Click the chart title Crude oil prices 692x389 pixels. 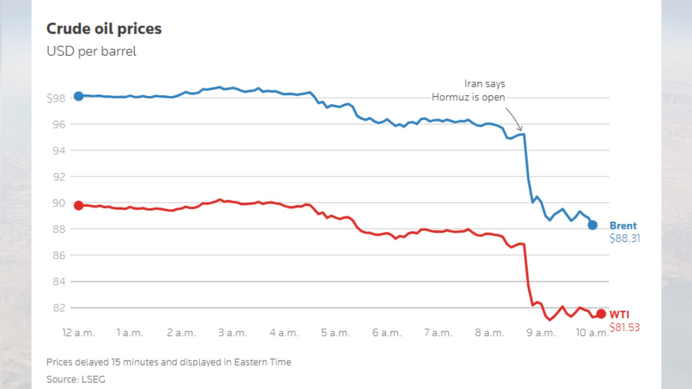tap(104, 29)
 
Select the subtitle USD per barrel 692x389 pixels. tap(91, 51)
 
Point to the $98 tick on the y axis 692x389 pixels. tap(56, 98)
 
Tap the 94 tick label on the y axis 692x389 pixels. tap(59, 151)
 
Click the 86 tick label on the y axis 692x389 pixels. tap(59, 255)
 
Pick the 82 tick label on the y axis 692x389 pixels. tap(59, 308)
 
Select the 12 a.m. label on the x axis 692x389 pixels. tap(78, 333)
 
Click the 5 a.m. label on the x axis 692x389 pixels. tap(335, 333)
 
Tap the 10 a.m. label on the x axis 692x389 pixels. tap(592, 333)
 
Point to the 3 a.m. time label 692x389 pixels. tap(232, 333)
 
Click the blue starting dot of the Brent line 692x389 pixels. tap(79, 96)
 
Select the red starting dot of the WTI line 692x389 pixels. tap(79, 206)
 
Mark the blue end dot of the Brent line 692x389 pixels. tap(593, 225)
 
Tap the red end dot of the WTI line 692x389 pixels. tap(601, 314)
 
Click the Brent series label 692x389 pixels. tap(623, 226)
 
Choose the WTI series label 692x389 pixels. tap(619, 315)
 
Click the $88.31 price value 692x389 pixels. tap(625, 238)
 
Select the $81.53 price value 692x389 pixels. tap(625, 327)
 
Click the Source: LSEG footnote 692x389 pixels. tap(76, 379)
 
